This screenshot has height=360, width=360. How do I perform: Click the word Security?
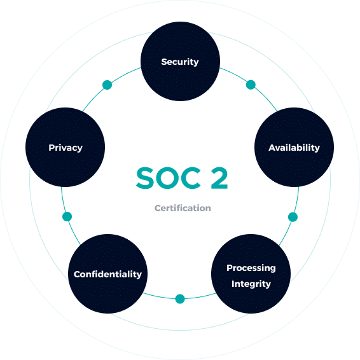coord(180,62)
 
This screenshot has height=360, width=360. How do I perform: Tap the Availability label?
coord(294,148)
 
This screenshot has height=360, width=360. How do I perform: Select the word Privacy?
coord(66,148)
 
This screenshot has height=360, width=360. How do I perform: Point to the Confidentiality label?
coord(107,274)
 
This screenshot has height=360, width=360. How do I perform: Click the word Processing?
coord(251,268)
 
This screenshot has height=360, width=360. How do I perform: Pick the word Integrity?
coord(251,284)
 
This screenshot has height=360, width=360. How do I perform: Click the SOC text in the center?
coord(169,178)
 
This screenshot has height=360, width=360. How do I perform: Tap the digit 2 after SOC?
coord(219,178)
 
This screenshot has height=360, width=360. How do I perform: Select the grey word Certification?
coord(183,208)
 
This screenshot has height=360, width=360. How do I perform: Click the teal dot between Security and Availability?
coord(251,85)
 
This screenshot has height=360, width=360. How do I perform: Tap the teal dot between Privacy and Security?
coord(107,85)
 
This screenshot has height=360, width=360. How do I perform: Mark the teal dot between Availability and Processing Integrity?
coord(293,217)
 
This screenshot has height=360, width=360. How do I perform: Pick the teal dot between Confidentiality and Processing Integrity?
coord(180,299)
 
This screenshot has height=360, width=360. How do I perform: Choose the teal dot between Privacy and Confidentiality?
coord(67,216)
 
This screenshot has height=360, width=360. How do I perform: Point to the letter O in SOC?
coord(167,178)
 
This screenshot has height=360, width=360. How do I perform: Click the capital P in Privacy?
coord(52,148)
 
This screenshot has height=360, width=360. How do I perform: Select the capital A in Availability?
coord(272,148)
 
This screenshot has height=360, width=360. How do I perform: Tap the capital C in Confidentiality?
coord(77,274)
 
